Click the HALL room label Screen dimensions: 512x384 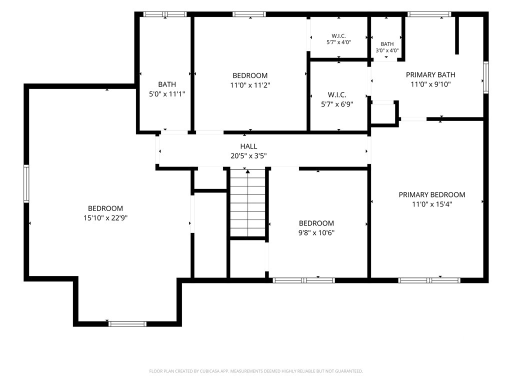[x=248, y=146]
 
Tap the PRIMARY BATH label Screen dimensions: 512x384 [x=430, y=75]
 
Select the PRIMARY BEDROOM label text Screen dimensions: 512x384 [x=431, y=194]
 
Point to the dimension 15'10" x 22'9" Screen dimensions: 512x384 [x=105, y=218]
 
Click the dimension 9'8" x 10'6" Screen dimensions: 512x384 [x=316, y=233]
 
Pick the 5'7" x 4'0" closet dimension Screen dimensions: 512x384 [x=338, y=42]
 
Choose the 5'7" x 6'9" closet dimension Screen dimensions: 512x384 [x=337, y=104]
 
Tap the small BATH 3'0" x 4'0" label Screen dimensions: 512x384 [x=387, y=47]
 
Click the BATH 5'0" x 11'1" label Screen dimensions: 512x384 [x=167, y=89]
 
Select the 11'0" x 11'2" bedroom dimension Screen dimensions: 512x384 [x=250, y=85]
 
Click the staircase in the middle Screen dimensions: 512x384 [x=248, y=202]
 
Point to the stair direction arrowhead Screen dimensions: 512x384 [x=248, y=171]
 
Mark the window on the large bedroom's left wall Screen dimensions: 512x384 [x=26, y=183]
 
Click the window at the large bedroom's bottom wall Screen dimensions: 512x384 [x=127, y=324]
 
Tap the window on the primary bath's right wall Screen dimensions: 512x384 [x=486, y=77]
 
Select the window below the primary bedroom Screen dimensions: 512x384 [x=429, y=280]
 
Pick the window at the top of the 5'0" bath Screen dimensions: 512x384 [x=165, y=14]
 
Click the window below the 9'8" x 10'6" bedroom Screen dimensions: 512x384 [x=303, y=280]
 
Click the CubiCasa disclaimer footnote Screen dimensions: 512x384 [x=256, y=371]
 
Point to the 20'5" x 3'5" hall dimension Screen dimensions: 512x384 [x=248, y=156]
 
